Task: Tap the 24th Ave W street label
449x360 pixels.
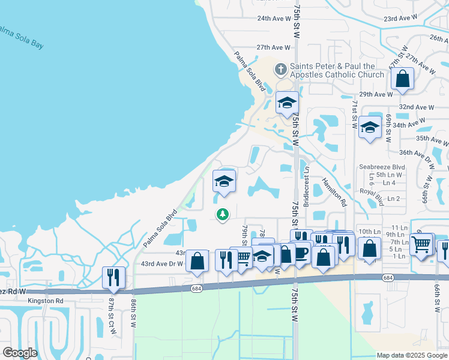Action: (274, 19)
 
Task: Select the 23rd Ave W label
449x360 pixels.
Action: (400, 19)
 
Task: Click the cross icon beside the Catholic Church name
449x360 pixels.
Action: (280, 70)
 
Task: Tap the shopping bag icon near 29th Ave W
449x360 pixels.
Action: (402, 79)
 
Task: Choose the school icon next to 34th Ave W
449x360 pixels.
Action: (370, 127)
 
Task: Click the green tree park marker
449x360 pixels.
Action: (223, 214)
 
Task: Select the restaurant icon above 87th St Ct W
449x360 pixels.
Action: (113, 277)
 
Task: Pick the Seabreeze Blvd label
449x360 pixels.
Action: (382, 167)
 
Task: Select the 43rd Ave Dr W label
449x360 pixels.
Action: (161, 263)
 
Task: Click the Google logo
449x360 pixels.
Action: (20, 353)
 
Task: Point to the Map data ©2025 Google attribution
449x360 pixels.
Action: (411, 355)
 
